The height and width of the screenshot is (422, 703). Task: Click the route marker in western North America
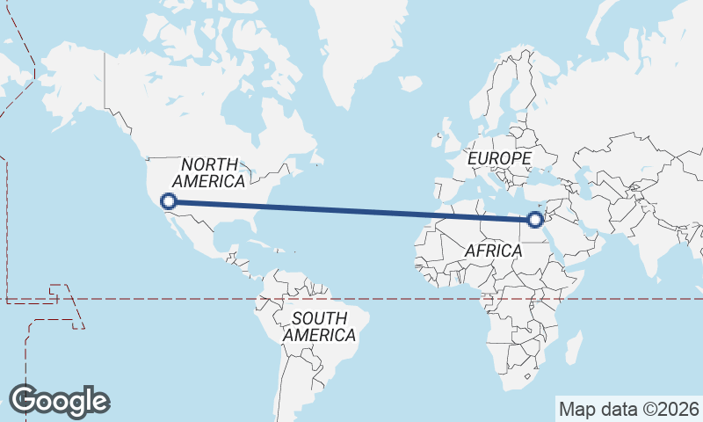click(168, 201)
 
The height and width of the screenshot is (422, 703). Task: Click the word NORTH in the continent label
click(209, 164)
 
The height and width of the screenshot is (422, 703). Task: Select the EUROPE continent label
click(499, 158)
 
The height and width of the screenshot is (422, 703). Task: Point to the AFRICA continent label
click(494, 251)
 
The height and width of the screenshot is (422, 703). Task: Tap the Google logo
click(59, 401)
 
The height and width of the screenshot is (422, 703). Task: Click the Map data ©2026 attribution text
click(629, 409)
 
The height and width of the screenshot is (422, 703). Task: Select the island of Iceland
click(410, 84)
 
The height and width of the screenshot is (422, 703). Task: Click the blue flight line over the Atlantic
click(351, 209)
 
